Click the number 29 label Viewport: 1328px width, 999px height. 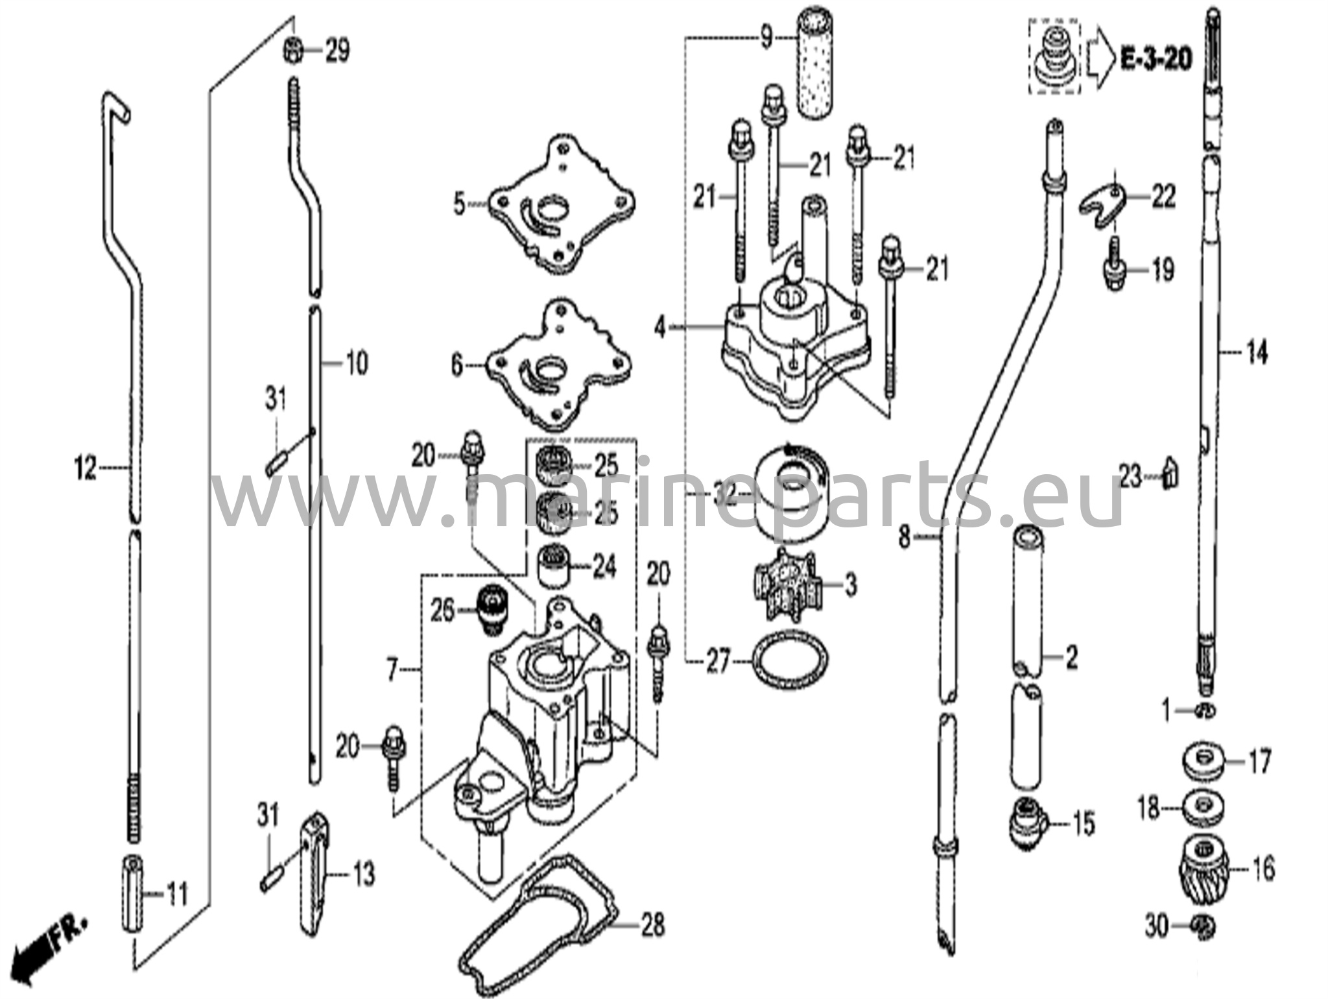point(337,51)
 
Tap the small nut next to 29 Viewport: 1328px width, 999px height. point(292,51)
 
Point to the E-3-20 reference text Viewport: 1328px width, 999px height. point(1156,60)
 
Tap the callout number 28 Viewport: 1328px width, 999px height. point(652,924)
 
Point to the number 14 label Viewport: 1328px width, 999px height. point(1257,354)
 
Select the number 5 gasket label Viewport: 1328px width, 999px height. point(459,206)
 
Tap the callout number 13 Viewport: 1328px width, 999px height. point(365,875)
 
